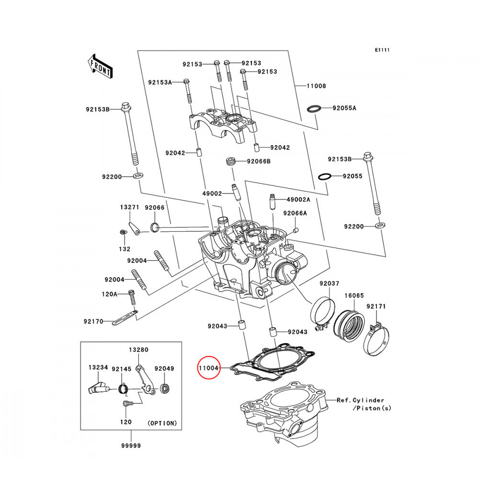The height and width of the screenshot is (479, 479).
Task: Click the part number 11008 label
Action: [316, 86]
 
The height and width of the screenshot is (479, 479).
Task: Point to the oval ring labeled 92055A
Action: [313, 108]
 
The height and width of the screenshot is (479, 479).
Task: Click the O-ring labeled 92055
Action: [325, 177]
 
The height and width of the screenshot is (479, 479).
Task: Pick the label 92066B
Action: [259, 161]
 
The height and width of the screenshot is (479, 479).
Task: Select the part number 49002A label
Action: [298, 199]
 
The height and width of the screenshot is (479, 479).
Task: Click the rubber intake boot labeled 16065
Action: [349, 324]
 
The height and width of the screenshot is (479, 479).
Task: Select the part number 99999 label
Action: [130, 446]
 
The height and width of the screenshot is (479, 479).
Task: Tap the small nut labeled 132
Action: [123, 232]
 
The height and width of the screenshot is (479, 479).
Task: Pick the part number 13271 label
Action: [129, 207]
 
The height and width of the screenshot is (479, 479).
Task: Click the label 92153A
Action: [160, 82]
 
